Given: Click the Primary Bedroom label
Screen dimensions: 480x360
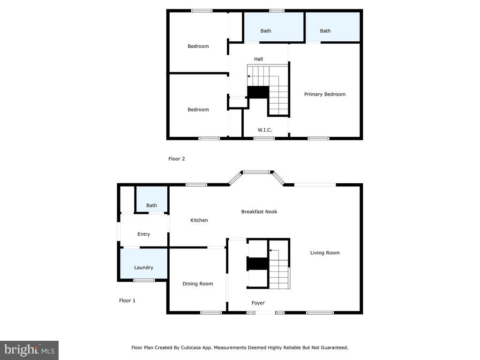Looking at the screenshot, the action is pyautogui.click(x=325, y=94).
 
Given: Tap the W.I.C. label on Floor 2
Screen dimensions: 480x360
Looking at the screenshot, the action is pyautogui.click(x=265, y=130).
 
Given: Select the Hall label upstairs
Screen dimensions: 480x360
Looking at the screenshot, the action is pyautogui.click(x=258, y=59).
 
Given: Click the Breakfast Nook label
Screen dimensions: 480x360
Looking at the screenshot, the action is pyautogui.click(x=259, y=211).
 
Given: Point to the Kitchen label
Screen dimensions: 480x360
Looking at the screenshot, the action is pyautogui.click(x=199, y=220).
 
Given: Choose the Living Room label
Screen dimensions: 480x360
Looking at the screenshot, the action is pyautogui.click(x=325, y=253).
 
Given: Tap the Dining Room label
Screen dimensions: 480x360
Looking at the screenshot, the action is pyautogui.click(x=198, y=284).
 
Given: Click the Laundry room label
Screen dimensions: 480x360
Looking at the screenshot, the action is pyautogui.click(x=143, y=268).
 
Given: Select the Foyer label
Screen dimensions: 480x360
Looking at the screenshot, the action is pyautogui.click(x=258, y=303).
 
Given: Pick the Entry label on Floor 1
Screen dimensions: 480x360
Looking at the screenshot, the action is pyautogui.click(x=143, y=234).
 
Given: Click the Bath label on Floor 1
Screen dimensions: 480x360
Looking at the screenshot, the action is pyautogui.click(x=151, y=205).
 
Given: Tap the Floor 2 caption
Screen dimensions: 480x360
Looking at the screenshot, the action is pyautogui.click(x=177, y=158).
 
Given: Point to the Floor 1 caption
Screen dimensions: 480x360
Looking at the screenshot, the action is pyautogui.click(x=127, y=300).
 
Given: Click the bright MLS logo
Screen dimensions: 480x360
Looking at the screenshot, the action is pyautogui.click(x=29, y=350).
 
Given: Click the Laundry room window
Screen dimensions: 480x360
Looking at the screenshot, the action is pyautogui.click(x=144, y=280).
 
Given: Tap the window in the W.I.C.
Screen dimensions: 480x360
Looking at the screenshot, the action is pyautogui.click(x=264, y=138).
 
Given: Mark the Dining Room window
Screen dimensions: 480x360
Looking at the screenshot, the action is pyautogui.click(x=211, y=313).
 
